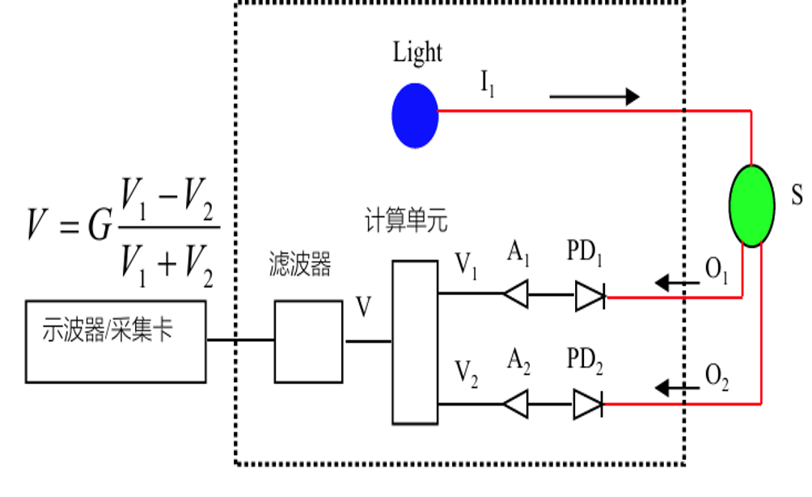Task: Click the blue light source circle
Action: pos(415,116)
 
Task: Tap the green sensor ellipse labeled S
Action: pos(752,205)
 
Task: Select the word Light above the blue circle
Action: pos(417,53)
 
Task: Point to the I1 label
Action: pos(488,82)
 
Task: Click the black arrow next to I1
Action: pos(594,96)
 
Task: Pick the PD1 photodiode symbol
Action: pos(590,297)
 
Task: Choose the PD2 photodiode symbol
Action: pos(588,404)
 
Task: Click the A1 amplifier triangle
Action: pos(516,294)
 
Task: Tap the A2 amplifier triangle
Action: pos(516,404)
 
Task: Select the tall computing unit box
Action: pos(415,342)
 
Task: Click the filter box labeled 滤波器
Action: pos(308,342)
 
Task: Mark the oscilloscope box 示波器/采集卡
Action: pos(116,342)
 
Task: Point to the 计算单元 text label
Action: pos(406,221)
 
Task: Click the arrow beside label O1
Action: pos(678,283)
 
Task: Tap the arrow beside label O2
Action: pos(678,388)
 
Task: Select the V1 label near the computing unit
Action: pos(466,266)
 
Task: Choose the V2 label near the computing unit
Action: pos(466,374)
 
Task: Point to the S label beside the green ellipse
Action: pos(797,196)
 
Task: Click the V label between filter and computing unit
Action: pos(363,306)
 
